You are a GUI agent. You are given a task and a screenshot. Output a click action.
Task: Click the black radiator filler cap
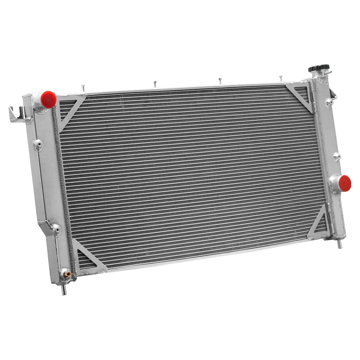(318, 69)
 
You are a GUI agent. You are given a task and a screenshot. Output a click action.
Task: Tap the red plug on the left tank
(48, 98)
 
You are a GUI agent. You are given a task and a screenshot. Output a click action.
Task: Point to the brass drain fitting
(67, 274)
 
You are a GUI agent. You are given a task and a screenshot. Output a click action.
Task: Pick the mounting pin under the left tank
(64, 290)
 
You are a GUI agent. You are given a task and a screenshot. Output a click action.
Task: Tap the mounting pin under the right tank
(340, 244)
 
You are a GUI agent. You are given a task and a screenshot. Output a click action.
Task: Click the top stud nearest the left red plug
(83, 88)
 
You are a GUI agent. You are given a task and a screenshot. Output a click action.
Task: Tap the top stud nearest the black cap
(280, 78)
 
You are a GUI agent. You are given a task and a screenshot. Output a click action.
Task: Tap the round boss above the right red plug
(337, 156)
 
